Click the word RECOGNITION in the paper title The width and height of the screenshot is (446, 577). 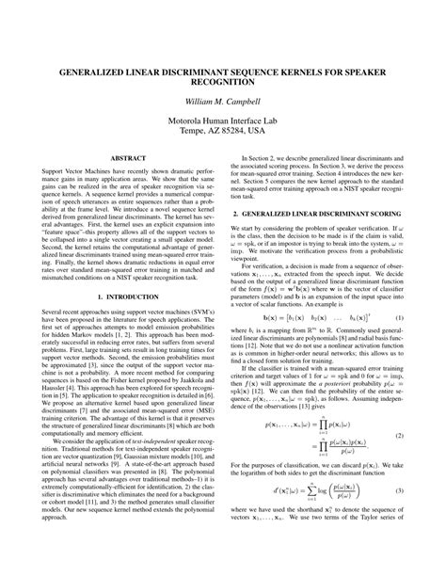(x=223, y=82)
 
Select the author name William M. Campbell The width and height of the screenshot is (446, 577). (x=223, y=101)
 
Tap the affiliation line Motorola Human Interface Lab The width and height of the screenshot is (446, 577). (x=223, y=121)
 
